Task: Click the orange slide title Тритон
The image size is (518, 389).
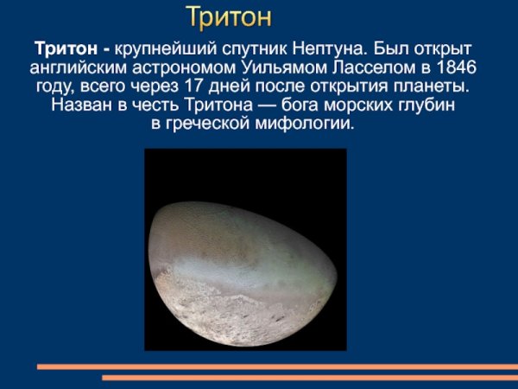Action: [229, 16]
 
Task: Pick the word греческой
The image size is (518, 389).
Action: [210, 125]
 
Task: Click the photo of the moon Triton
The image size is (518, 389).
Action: [244, 251]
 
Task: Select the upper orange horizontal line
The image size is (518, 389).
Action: [276, 367]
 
